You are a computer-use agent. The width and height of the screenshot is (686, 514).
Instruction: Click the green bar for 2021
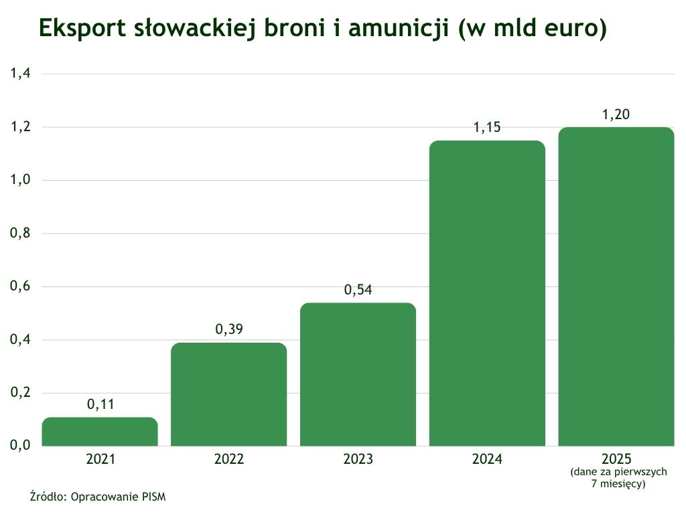pos(100,432)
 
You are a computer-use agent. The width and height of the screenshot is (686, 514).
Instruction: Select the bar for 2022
pos(229,394)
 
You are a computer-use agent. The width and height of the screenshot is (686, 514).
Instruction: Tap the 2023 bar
pos(358,374)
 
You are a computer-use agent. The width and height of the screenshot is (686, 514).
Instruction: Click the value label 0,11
pos(100,404)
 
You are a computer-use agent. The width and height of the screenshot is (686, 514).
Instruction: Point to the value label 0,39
pos(229,329)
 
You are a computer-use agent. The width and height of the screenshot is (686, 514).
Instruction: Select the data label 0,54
pos(358,290)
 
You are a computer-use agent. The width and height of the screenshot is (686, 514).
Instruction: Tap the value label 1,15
pos(487,127)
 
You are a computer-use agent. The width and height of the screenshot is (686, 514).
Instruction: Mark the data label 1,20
pos(616,114)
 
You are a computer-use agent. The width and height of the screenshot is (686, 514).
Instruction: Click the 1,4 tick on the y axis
pos(20,74)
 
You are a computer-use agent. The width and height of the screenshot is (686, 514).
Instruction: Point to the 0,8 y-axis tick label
pos(20,234)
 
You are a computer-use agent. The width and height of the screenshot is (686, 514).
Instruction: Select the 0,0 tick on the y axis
pos(20,446)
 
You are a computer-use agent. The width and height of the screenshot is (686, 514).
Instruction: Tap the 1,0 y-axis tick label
pos(20,180)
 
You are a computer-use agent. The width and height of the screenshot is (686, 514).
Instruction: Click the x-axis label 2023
pos(358,460)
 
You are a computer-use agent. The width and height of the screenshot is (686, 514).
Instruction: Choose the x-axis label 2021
pos(100,460)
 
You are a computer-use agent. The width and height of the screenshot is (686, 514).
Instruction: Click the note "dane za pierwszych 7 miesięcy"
pos(618,478)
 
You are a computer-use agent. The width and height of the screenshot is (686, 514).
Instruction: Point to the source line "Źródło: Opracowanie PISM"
pos(98,497)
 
